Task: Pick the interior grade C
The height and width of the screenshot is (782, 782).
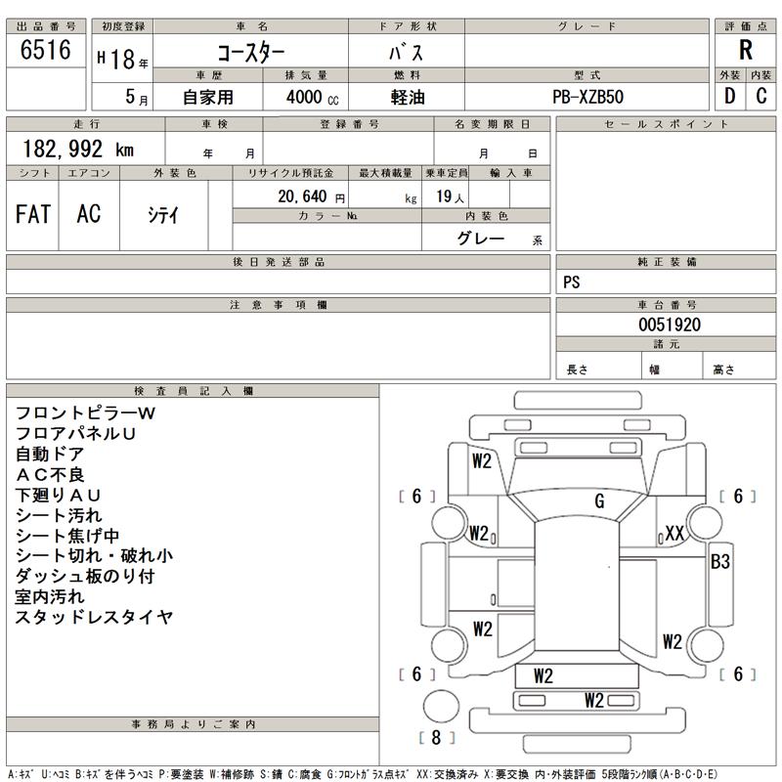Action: coord(760,97)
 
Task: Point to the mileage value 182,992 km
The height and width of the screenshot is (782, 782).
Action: coord(78,150)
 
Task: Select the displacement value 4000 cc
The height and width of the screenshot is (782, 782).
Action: coord(313,97)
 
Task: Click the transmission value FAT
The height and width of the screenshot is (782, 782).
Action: coord(33,214)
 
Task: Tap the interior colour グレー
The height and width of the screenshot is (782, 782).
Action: coord(481,239)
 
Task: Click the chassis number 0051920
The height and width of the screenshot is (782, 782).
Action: coord(669,325)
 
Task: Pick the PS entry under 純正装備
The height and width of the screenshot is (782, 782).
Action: coord(572,282)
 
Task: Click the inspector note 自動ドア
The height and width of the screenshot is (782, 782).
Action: coord(50,454)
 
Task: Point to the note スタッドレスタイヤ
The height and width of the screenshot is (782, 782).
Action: coord(94,617)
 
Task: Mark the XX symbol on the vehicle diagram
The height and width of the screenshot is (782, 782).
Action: coord(673,533)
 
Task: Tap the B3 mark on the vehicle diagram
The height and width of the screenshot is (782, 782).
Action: coord(720,562)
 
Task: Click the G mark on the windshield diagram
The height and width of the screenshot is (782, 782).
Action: coord(599,501)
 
